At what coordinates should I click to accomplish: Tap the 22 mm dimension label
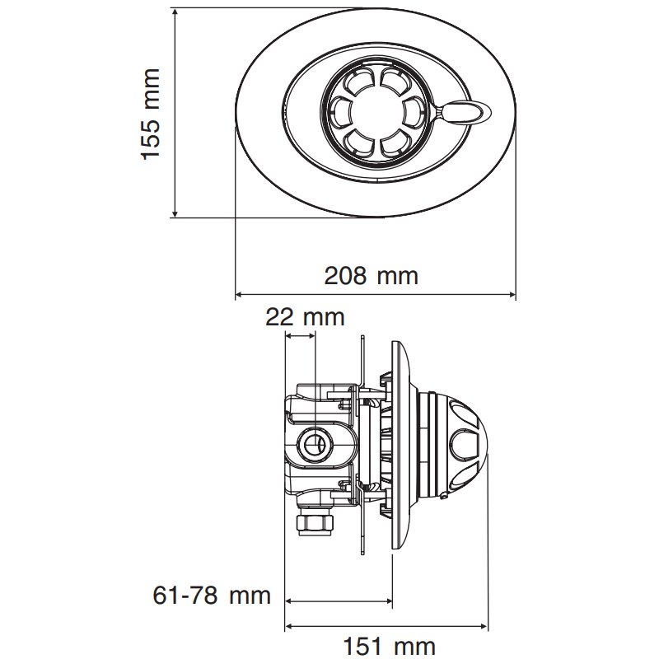(x=305, y=316)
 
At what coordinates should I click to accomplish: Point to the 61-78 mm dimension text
(x=213, y=594)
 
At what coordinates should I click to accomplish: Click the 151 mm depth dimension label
(x=390, y=645)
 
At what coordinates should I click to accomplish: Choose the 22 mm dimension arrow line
(x=300, y=334)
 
